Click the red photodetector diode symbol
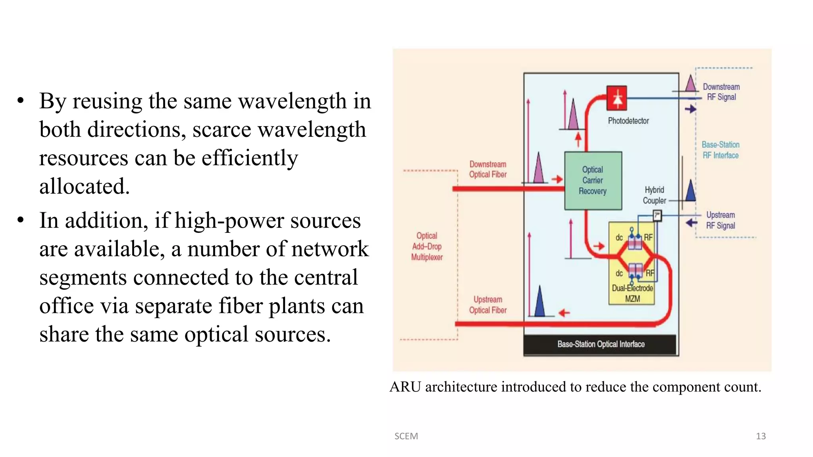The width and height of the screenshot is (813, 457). (616, 98)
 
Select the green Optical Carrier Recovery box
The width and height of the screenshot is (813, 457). (593, 180)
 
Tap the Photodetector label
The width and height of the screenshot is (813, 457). (628, 121)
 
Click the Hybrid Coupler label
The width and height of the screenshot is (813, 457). (654, 195)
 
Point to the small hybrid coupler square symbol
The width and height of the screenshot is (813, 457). (657, 215)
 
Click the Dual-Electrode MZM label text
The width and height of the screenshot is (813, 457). (632, 293)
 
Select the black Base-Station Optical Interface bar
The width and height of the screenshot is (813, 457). (600, 344)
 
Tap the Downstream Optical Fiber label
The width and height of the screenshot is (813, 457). (488, 169)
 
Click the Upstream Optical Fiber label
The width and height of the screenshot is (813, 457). (488, 305)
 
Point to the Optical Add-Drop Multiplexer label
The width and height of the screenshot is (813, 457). (427, 246)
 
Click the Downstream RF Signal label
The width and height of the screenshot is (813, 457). (721, 92)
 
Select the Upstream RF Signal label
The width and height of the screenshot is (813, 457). (721, 220)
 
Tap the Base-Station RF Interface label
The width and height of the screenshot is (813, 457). (721, 150)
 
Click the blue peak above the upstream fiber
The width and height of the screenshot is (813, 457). (539, 302)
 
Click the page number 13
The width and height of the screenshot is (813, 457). (761, 436)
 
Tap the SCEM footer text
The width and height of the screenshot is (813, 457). (406, 436)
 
